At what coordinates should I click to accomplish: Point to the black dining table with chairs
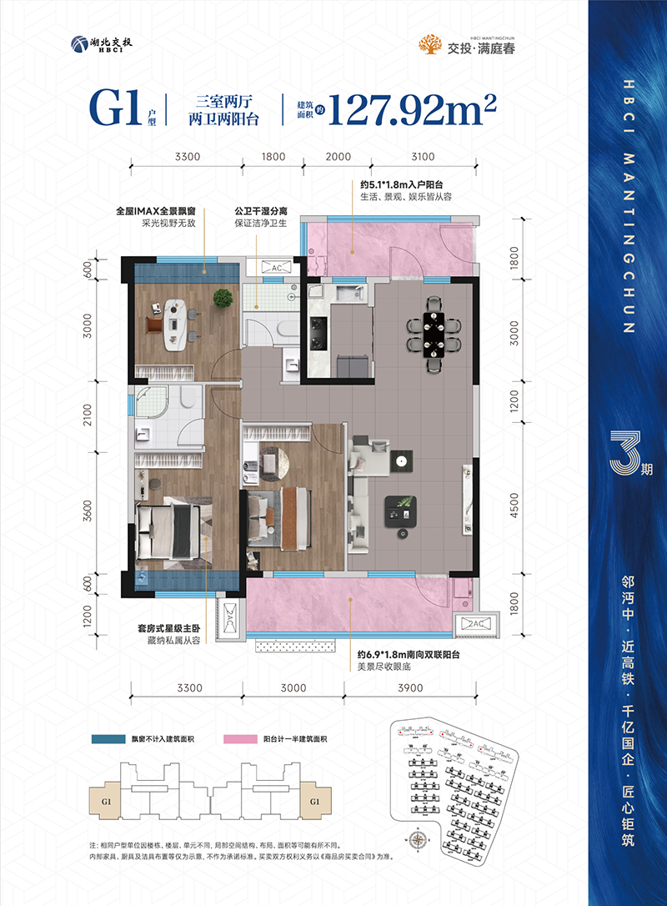tap(433, 333)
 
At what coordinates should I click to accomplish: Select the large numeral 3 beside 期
tap(622, 451)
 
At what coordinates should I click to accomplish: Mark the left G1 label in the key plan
tap(106, 802)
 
